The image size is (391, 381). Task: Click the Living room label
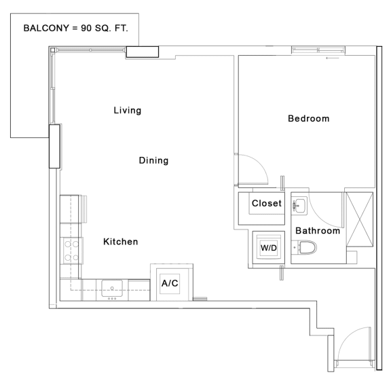[128, 110]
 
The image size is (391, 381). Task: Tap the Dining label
[153, 160]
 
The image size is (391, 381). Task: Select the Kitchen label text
[121, 241]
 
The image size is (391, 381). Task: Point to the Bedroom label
[308, 118]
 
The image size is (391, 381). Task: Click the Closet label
[266, 203]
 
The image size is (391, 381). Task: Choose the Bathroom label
[317, 230]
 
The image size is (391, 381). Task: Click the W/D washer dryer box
[269, 248]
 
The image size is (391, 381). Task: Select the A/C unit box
[169, 283]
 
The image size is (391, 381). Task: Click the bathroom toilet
[308, 249]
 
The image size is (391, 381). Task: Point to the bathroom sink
[299, 204]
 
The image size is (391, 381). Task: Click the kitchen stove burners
[71, 250]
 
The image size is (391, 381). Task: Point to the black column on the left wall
[54, 145]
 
